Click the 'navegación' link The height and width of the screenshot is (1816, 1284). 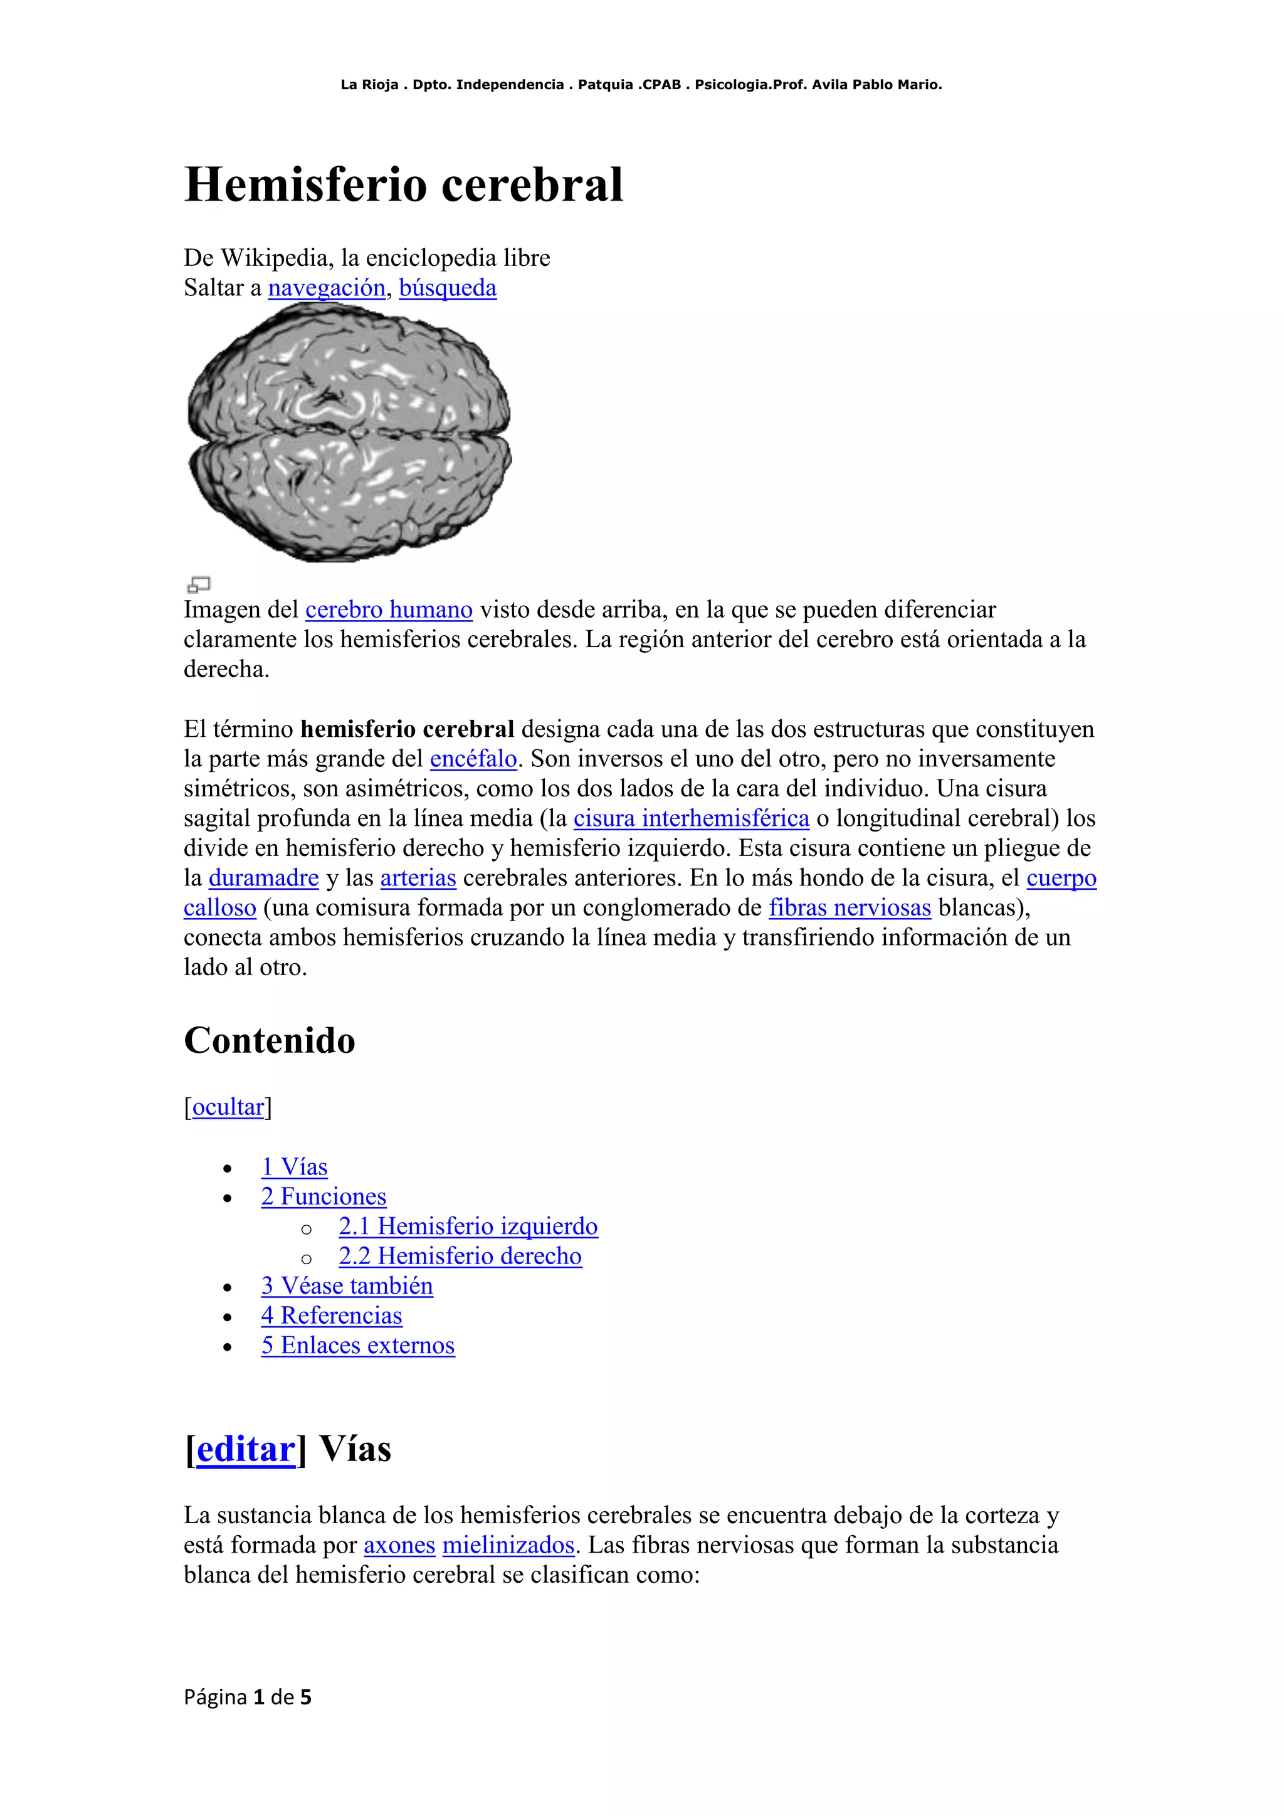pyautogui.click(x=327, y=288)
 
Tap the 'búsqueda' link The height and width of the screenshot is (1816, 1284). pyautogui.click(x=448, y=288)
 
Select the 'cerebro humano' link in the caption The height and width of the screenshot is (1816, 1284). pyautogui.click(x=389, y=610)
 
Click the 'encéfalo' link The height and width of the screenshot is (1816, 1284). pyautogui.click(x=473, y=759)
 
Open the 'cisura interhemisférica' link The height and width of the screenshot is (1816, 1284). pyautogui.click(x=691, y=818)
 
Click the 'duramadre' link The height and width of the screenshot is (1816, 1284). pyautogui.click(x=263, y=878)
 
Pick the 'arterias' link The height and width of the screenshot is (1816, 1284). pyautogui.click(x=418, y=878)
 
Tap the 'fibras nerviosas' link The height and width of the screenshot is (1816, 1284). pyautogui.click(x=850, y=907)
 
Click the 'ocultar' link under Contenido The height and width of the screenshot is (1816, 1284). pyautogui.click(x=228, y=1107)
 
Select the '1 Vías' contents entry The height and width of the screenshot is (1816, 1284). pyautogui.click(x=294, y=1166)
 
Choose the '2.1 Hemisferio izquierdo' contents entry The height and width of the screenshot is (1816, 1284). pyautogui.click(x=468, y=1226)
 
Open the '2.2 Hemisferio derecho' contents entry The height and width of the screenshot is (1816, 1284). pyautogui.click(x=460, y=1256)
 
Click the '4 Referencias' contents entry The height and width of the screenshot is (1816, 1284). pyautogui.click(x=331, y=1316)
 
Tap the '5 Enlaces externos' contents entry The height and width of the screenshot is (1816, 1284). pyautogui.click(x=358, y=1346)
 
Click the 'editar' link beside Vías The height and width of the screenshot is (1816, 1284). pyautogui.click(x=245, y=1449)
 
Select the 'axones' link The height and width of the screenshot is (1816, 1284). pyautogui.click(x=399, y=1544)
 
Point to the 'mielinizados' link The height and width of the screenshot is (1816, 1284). pyautogui.click(x=508, y=1544)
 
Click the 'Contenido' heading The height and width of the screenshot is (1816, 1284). pyautogui.click(x=270, y=1040)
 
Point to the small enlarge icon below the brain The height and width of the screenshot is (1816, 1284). pyautogui.click(x=199, y=584)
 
